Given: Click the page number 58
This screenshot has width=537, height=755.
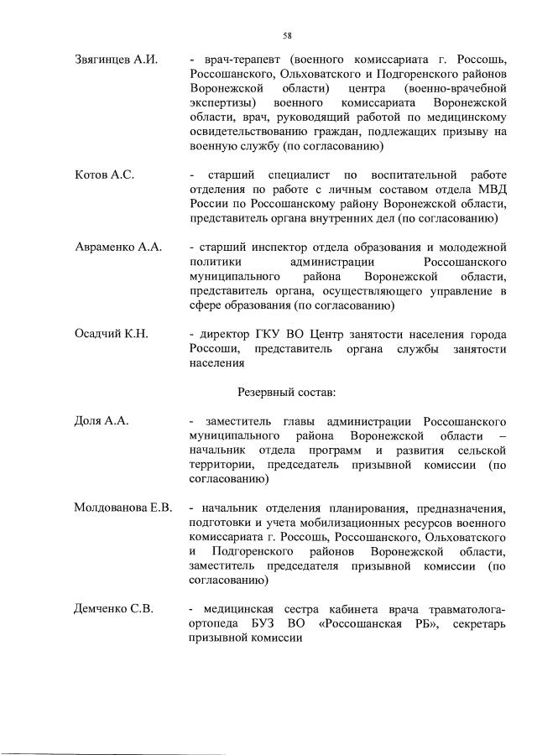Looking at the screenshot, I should (287, 35).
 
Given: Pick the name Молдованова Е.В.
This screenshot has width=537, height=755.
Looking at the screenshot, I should (123, 508).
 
